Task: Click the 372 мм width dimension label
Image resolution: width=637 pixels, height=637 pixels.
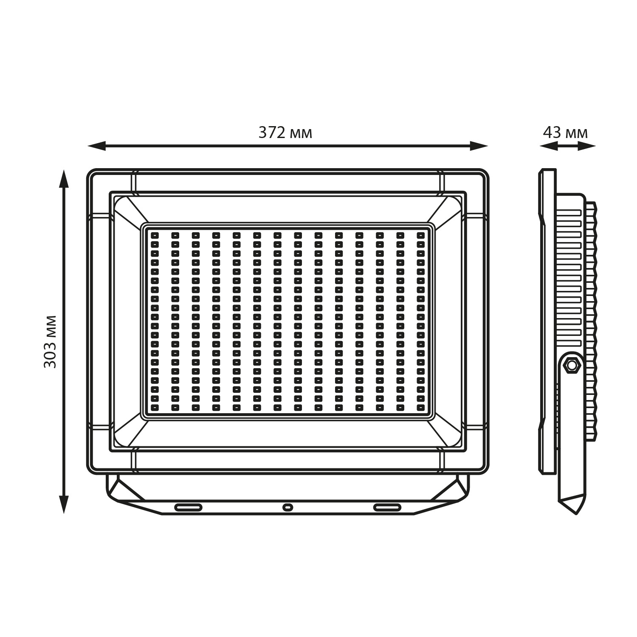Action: [x=285, y=133]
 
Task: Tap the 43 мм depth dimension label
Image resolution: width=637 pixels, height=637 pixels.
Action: [x=566, y=133]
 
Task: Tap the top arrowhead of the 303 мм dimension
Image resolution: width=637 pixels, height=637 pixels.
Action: [x=64, y=178]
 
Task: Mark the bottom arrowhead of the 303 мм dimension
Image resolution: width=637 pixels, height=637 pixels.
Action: [x=64, y=505]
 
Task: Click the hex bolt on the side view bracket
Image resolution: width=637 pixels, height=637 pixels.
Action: [x=572, y=365]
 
